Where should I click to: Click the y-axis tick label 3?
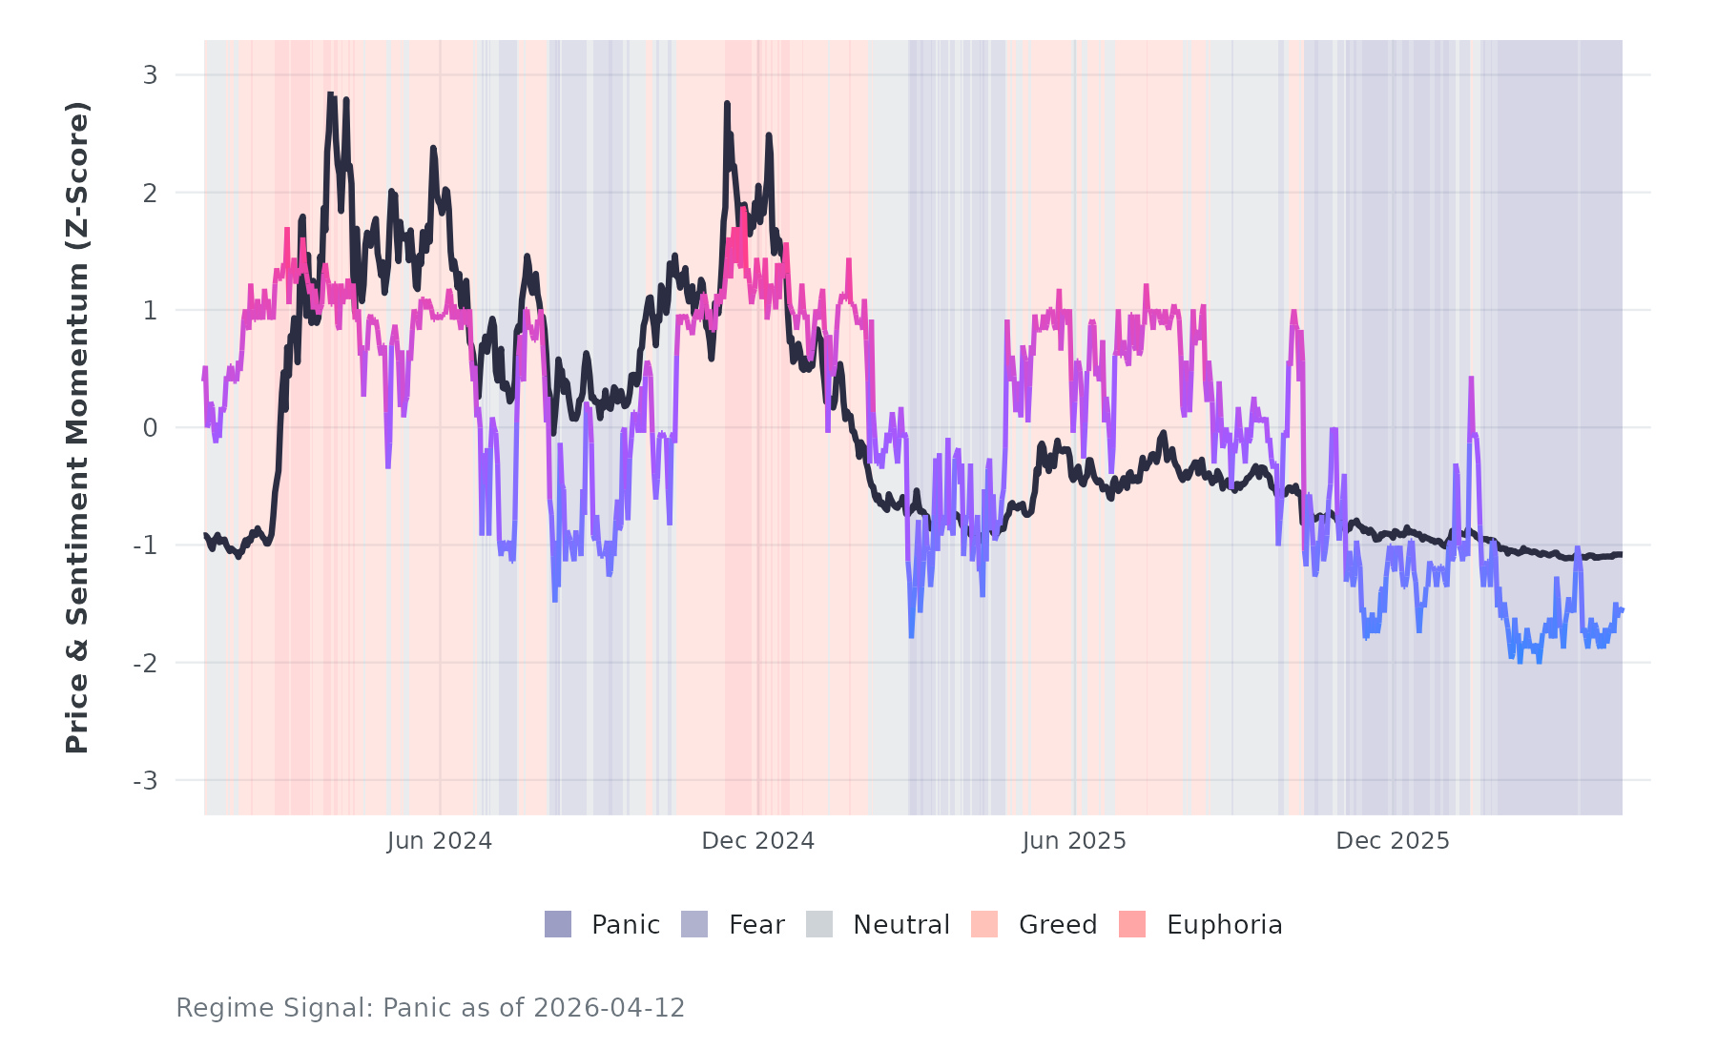tap(151, 75)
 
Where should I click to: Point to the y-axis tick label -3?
tap(146, 781)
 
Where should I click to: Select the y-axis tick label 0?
tap(151, 428)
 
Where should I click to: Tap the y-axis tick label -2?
tap(146, 664)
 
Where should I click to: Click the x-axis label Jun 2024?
tap(440, 841)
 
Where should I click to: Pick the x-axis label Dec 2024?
tap(758, 841)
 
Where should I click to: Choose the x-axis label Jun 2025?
tap(1074, 841)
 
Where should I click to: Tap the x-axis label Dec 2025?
tap(1393, 841)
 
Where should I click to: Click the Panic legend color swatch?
tap(558, 924)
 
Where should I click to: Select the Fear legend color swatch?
tap(694, 924)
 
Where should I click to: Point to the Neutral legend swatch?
tap(819, 924)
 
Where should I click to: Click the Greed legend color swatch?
tap(984, 924)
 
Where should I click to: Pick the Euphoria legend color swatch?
tap(1132, 924)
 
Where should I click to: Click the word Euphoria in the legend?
tap(1225, 925)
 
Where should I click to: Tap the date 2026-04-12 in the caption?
tap(610, 1008)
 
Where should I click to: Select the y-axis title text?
tap(77, 427)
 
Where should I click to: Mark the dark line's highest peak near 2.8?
tap(330, 94)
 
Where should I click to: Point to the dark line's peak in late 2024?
tap(727, 104)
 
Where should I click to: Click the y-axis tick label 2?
tap(151, 194)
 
